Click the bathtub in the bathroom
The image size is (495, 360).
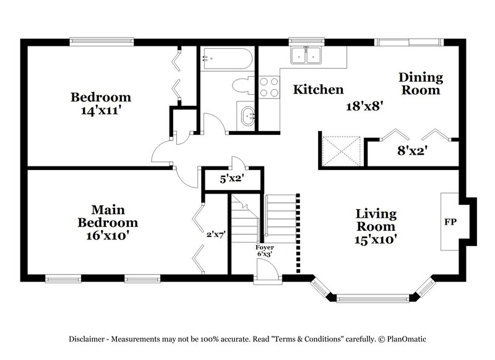pos(226,60)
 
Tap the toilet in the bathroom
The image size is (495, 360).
pos(242,85)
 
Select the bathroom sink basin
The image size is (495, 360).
pos(247,116)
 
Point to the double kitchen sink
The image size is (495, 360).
pos(306,56)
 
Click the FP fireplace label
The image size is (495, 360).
pos(450,221)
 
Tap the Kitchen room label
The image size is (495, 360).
pos(318,90)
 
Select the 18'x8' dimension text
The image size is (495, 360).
pos(365,105)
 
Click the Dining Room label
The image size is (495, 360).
pos(421,84)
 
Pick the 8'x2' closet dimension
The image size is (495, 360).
pos(412,150)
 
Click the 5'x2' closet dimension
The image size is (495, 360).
pos(233,181)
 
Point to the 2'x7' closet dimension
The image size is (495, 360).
pos(216,234)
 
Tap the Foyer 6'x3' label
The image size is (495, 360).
pos(265,251)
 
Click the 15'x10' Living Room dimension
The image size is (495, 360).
pos(376,238)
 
